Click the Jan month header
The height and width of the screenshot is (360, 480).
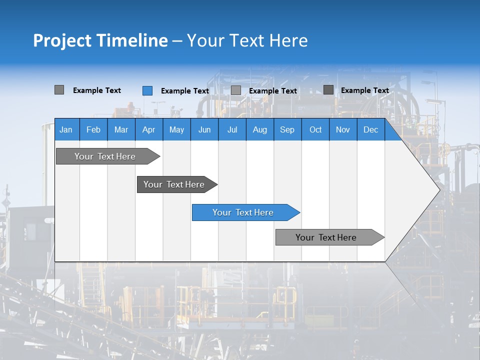[x=66, y=130]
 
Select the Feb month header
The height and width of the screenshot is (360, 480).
[x=93, y=130]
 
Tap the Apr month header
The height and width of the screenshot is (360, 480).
[x=149, y=130]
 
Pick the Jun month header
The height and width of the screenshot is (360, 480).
[x=204, y=130]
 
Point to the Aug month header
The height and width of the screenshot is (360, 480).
[x=260, y=130]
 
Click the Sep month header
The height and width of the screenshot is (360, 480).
[x=287, y=130]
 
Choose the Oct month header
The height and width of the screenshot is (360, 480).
[x=315, y=130]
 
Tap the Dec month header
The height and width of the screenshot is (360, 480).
[x=371, y=130]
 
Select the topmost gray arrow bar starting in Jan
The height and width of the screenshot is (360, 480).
[x=105, y=156]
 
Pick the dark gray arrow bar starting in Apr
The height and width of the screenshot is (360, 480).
[x=174, y=184]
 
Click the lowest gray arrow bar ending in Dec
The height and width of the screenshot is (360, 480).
[x=326, y=237]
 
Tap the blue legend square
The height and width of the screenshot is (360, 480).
[x=147, y=90]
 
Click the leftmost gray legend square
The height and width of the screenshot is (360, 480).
[x=59, y=90]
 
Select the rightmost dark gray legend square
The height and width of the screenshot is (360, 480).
[x=328, y=90]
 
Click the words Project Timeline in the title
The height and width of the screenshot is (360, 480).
[x=100, y=40]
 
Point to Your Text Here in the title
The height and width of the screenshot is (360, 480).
[x=247, y=40]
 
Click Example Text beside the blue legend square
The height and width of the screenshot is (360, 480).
[x=185, y=91]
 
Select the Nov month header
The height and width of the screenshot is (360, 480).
[x=343, y=130]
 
